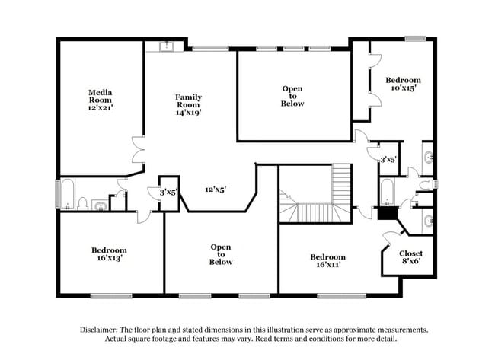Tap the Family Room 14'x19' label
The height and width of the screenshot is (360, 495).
188,103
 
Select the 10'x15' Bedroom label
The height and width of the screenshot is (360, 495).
402,84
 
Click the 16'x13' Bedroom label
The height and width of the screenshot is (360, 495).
109,254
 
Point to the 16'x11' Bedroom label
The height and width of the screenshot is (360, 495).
327,261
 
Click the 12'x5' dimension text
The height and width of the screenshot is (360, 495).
216,190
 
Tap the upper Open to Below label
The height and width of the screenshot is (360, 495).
292,96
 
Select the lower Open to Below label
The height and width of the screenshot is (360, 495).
221,254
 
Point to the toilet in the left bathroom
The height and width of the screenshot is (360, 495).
83,203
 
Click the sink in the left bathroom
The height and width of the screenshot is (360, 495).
100,204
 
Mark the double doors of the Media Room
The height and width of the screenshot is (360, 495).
137,150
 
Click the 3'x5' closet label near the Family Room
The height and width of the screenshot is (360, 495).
168,193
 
